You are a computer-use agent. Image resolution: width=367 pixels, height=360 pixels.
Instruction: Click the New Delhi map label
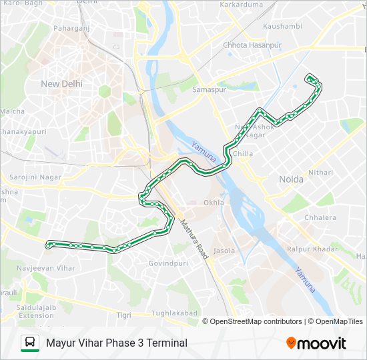pyautogui.click(x=61, y=84)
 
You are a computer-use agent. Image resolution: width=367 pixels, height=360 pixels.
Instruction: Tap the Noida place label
pyautogui.click(x=290, y=179)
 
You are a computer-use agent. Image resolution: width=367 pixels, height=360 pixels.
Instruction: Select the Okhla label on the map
pyautogui.click(x=214, y=202)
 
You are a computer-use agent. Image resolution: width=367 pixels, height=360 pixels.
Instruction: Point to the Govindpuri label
pyautogui.click(x=167, y=263)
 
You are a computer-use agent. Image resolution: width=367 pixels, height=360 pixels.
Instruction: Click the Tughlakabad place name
pyautogui.click(x=175, y=313)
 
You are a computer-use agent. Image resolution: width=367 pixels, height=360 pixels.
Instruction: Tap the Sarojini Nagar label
pyautogui.click(x=35, y=177)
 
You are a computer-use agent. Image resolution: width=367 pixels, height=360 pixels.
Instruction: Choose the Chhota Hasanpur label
pyautogui.click(x=252, y=45)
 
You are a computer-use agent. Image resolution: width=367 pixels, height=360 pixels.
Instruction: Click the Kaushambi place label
pyautogui.click(x=282, y=26)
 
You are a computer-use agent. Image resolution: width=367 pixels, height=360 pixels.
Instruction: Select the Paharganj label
pyautogui.click(x=71, y=29)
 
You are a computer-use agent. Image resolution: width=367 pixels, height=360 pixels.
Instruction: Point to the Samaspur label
pyautogui.click(x=210, y=89)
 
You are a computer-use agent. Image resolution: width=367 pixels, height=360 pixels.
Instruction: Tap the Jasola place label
pyautogui.click(x=224, y=251)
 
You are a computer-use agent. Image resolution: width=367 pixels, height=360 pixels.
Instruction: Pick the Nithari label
pyautogui.click(x=320, y=172)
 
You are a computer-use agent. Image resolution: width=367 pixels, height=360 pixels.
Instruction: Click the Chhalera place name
pyautogui.click(x=320, y=217)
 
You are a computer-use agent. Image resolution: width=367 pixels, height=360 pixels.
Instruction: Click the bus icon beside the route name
pyautogui.click(x=29, y=343)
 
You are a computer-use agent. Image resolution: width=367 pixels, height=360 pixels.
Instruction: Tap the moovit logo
pyautogui.click(x=316, y=343)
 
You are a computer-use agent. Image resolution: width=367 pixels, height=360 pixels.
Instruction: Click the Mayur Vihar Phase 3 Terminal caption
pyautogui.click(x=117, y=343)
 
